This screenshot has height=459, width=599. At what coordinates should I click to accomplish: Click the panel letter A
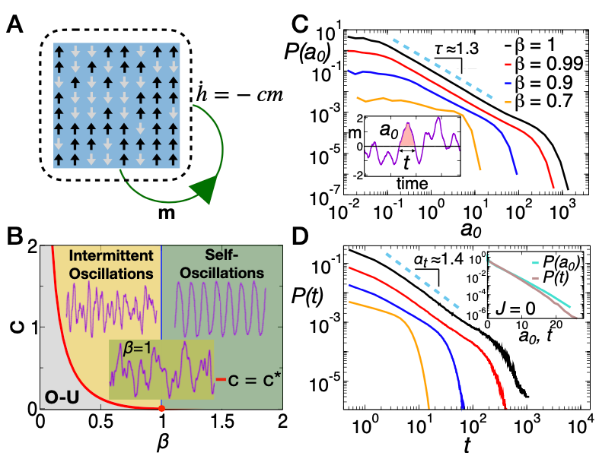tap(16, 27)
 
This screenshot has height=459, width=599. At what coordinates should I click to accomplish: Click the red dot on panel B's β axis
tap(161, 410)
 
